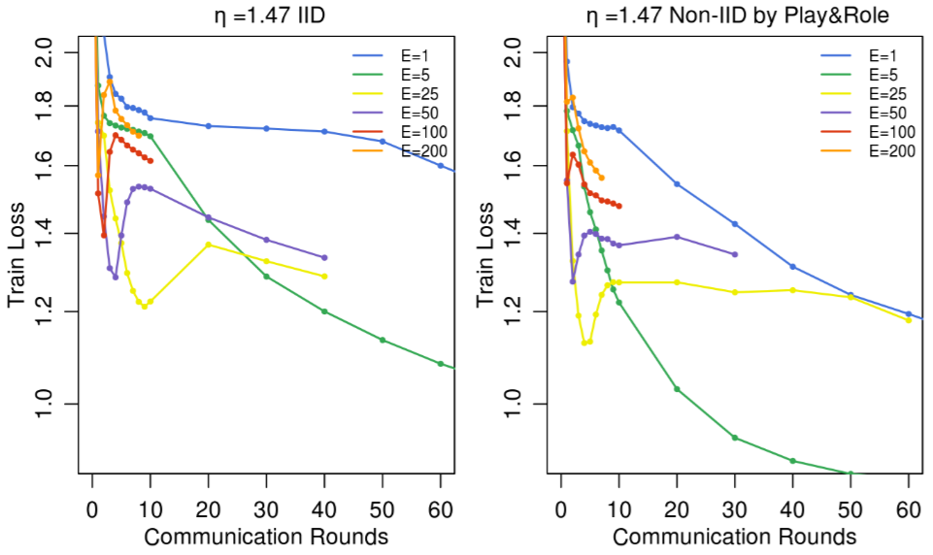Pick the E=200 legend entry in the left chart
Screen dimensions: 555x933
(406, 151)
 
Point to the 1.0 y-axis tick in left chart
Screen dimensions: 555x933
(46, 403)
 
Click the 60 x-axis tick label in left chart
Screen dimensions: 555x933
(441, 508)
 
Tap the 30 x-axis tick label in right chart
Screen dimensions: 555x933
(735, 508)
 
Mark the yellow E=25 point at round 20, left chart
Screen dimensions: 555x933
(208, 245)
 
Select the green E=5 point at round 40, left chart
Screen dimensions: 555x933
(324, 311)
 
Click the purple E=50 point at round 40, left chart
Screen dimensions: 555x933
(324, 257)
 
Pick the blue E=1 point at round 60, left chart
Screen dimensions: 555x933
(441, 165)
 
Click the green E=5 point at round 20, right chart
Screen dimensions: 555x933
(677, 389)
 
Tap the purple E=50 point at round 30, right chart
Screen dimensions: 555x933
(735, 254)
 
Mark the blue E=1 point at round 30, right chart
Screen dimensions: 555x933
(735, 224)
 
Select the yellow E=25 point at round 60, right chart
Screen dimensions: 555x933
(909, 319)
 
